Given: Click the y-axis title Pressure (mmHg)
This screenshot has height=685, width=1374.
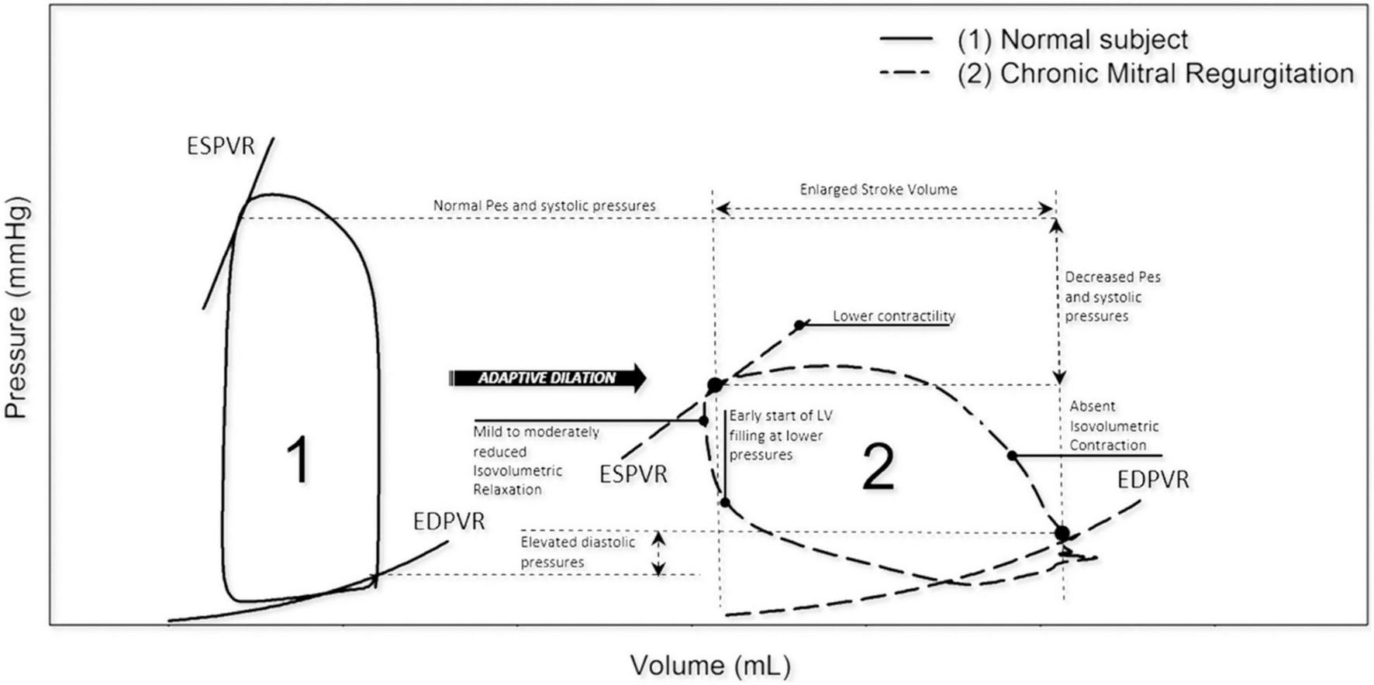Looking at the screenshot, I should click(x=17, y=308).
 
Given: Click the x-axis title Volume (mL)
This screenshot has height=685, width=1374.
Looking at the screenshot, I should click(x=709, y=665).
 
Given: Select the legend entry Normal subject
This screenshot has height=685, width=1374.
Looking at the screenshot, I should click(x=1093, y=40).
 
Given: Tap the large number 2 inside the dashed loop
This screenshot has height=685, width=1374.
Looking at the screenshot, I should click(x=879, y=468).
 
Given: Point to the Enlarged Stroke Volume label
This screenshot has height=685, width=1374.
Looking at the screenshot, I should click(x=879, y=190).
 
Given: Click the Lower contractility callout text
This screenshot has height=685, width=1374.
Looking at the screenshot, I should click(x=893, y=316).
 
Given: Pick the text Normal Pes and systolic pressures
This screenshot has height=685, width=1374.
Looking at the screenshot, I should click(x=544, y=206).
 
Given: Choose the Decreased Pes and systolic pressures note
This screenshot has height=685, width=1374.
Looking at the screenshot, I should click(x=1112, y=297).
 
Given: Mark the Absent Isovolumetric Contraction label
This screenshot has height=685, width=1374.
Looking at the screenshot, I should click(x=1113, y=425).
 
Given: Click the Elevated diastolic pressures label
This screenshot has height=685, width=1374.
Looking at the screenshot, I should click(x=577, y=552).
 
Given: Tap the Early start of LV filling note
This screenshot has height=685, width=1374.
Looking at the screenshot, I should click(x=779, y=435).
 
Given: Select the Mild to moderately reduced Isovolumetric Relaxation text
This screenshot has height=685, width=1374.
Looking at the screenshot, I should click(x=535, y=460).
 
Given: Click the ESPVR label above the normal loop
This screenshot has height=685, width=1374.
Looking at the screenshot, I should click(x=221, y=146).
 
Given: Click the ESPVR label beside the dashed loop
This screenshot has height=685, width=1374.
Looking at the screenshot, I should click(x=633, y=474).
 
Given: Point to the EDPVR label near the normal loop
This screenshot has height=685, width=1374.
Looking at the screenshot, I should click(x=449, y=521).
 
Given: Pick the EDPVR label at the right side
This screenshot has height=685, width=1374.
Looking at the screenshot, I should click(x=1152, y=480).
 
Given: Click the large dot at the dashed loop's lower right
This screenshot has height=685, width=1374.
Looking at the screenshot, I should click(x=1062, y=533).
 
